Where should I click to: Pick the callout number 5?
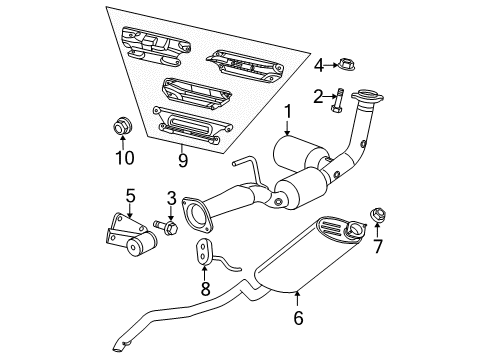click(129, 194)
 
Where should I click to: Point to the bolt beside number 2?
click(339, 98)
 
